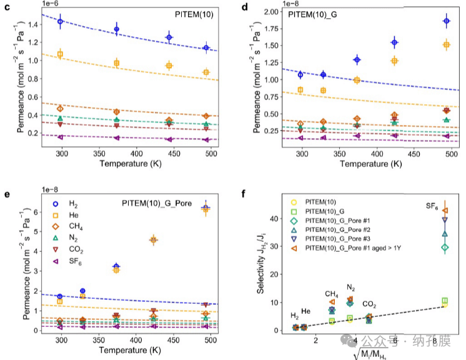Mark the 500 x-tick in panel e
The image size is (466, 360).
[x=211, y=339]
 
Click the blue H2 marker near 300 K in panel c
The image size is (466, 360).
[x=61, y=21]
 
